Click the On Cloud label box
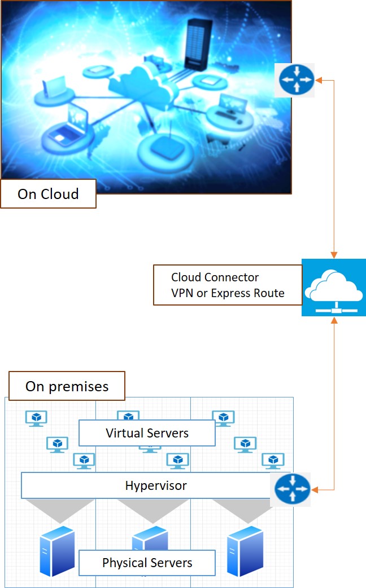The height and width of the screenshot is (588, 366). point(48,194)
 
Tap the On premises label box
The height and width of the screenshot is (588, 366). point(67,386)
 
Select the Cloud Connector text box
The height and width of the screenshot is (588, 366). point(227,285)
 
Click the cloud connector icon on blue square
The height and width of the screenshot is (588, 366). point(333,287)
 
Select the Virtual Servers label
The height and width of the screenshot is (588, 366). point(147,433)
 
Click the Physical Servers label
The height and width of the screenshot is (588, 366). point(147,563)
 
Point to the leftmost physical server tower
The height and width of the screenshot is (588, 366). point(57,550)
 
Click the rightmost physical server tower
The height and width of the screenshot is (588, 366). point(245,550)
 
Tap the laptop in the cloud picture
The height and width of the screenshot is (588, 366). point(67,127)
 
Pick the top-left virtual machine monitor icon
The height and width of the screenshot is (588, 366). point(37,418)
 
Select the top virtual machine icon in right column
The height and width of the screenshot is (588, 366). point(224,418)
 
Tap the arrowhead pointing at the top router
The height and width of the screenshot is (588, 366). point(319,80)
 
